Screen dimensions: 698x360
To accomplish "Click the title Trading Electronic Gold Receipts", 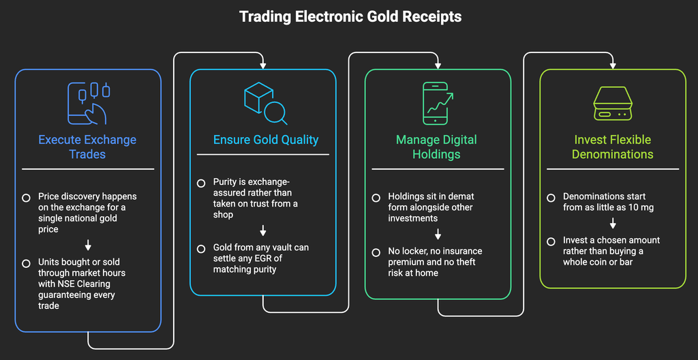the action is [350, 17].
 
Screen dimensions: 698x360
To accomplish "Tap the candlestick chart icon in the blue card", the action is [88, 103].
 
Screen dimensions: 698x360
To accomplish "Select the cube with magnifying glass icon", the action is [265, 103].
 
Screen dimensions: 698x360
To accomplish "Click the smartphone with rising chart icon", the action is [438, 103].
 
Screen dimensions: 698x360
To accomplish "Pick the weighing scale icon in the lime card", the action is [613, 103].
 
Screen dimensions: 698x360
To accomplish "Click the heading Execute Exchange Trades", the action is [87, 147].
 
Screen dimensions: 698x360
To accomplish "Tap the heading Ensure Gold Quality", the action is [266, 140].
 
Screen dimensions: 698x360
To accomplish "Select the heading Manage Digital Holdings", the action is [436, 147].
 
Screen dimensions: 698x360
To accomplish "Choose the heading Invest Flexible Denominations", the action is [613, 147].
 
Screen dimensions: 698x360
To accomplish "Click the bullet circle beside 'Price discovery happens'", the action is [27, 197].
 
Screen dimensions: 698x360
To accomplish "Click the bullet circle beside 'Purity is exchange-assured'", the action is [201, 183].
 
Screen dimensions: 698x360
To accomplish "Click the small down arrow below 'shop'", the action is [263, 230].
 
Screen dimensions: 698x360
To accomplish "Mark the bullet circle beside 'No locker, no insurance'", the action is [376, 252].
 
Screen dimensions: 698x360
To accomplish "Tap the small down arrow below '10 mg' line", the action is [613, 223].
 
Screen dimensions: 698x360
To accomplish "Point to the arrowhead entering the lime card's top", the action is [613, 66].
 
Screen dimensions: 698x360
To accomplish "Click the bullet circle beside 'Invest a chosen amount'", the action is [551, 241].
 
